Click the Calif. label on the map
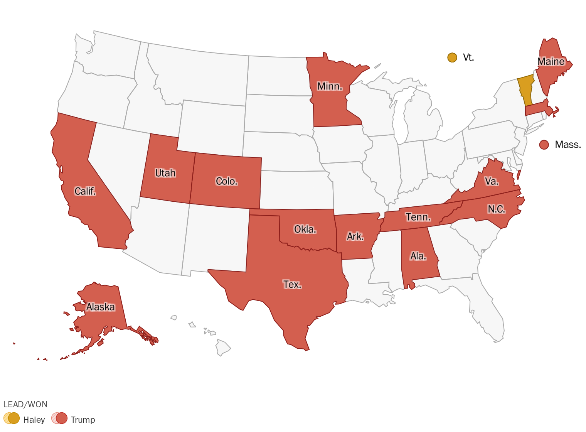[x=85, y=191]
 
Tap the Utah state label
[x=165, y=173]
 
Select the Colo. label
[x=227, y=181]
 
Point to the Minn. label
[x=330, y=86]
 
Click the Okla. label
[x=305, y=229]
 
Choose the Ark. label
[x=355, y=236]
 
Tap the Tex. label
[x=292, y=285]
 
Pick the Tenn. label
[x=418, y=217]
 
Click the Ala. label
[x=418, y=256]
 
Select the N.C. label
[x=496, y=209]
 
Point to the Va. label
[x=492, y=181]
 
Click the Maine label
[x=551, y=62]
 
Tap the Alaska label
[x=101, y=307]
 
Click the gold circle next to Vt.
[x=452, y=57]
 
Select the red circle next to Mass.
[x=544, y=145]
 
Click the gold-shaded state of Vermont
[x=525, y=89]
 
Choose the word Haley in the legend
[x=34, y=420]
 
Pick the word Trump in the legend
[x=83, y=420]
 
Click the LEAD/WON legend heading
[x=25, y=405]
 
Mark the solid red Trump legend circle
[x=62, y=418]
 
